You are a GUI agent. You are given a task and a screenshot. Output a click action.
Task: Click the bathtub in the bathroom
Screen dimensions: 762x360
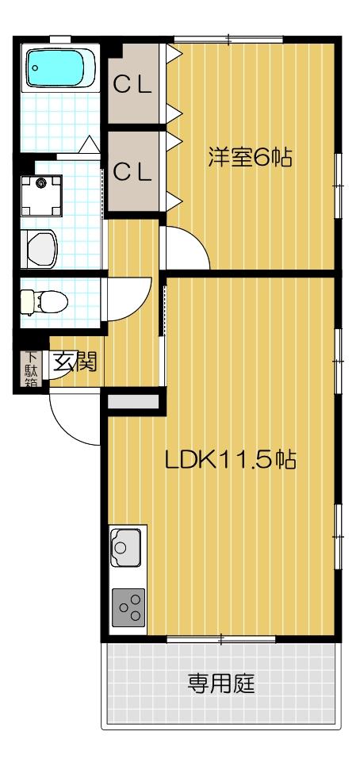tap(59, 70)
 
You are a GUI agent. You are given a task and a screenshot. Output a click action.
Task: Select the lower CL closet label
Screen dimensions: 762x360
tap(132, 171)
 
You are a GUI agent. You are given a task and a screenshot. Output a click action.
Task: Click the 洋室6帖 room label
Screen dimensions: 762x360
tap(250, 157)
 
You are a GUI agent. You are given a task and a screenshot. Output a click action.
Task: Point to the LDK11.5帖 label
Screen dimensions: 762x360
tap(231, 460)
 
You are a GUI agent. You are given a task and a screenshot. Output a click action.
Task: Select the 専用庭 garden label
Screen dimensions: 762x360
tap(221, 682)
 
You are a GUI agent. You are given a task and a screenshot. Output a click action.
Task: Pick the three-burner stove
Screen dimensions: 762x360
tap(128, 607)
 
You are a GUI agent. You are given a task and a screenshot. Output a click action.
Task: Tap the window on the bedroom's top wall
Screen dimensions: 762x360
tap(228, 39)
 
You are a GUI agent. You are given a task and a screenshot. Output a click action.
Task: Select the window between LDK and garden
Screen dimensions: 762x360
tap(221, 639)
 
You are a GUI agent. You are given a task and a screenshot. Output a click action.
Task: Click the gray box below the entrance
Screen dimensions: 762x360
tap(132, 401)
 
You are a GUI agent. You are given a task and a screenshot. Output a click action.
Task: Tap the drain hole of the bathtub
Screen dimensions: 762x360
tap(35, 68)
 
